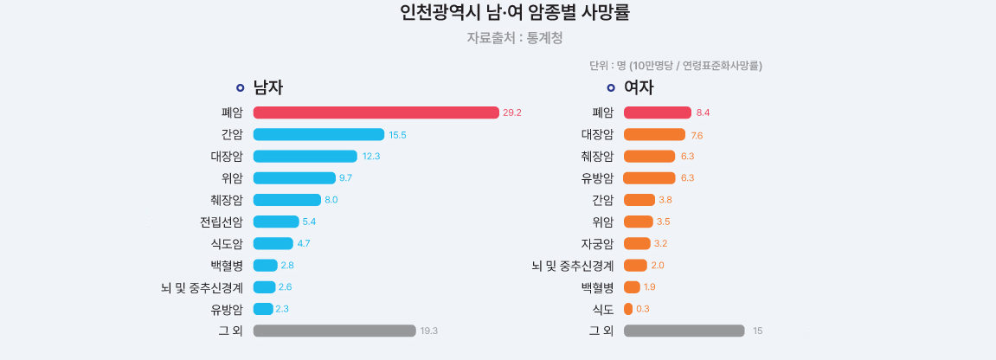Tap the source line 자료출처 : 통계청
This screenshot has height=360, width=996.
pyautogui.click(x=515, y=38)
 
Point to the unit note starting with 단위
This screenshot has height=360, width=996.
pyautogui.click(x=675, y=66)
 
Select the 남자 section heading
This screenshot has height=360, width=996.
pyautogui.click(x=268, y=87)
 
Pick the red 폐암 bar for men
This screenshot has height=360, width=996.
pyautogui.click(x=376, y=112)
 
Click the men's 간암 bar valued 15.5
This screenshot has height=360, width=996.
pyautogui.click(x=318, y=134)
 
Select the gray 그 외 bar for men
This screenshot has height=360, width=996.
pyautogui.click(x=334, y=331)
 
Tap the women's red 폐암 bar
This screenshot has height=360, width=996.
pyautogui.click(x=658, y=112)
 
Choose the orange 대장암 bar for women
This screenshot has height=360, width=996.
pyautogui.click(x=654, y=134)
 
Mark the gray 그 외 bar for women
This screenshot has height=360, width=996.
pyautogui.click(x=684, y=331)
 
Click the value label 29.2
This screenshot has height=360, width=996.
pyautogui.click(x=512, y=112)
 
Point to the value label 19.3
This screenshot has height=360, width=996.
pyautogui.click(x=429, y=331)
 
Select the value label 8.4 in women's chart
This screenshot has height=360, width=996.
pyautogui.click(x=703, y=112)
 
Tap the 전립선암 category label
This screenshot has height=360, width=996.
pyautogui.click(x=222, y=222)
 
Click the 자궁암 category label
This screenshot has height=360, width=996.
pyautogui.click(x=597, y=243)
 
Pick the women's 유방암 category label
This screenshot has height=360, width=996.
pyautogui.click(x=597, y=178)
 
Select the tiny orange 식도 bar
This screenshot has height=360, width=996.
pyautogui.click(x=628, y=309)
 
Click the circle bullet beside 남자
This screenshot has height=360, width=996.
pyautogui.click(x=240, y=87)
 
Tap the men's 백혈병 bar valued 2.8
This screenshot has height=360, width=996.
pyautogui.click(x=265, y=265)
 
